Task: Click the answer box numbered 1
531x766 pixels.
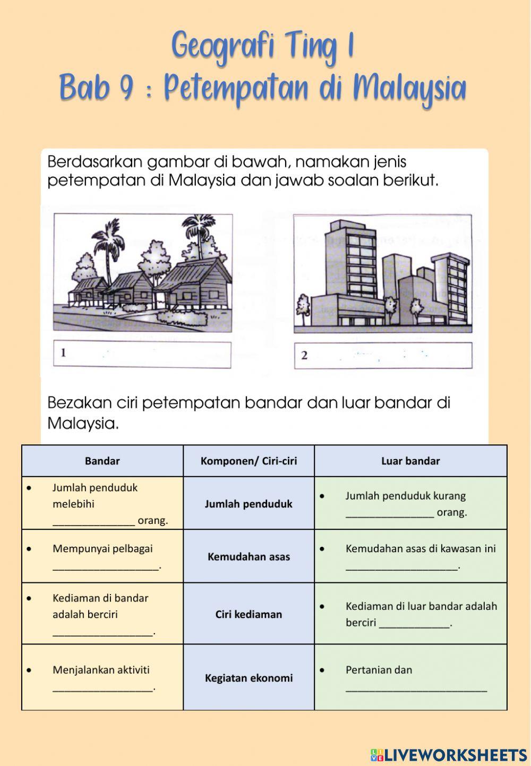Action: pos(142,355)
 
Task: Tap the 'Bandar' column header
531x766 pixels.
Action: pos(102,461)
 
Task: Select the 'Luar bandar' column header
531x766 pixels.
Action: pos(410,461)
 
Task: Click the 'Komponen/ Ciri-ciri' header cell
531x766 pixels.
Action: pos(249,461)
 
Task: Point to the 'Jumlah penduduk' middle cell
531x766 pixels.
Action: pos(249,504)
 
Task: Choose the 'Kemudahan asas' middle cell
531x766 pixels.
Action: pos(249,556)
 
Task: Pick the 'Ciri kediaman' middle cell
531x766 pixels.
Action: pos(249,614)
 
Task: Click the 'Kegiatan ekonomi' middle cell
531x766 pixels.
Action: pos(249,678)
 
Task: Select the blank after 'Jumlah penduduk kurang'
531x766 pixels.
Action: pos(389,513)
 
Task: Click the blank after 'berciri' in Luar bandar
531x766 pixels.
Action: pos(414,624)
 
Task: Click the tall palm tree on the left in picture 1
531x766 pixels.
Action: pos(108,255)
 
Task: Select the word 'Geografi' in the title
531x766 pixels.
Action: pos(223,47)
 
